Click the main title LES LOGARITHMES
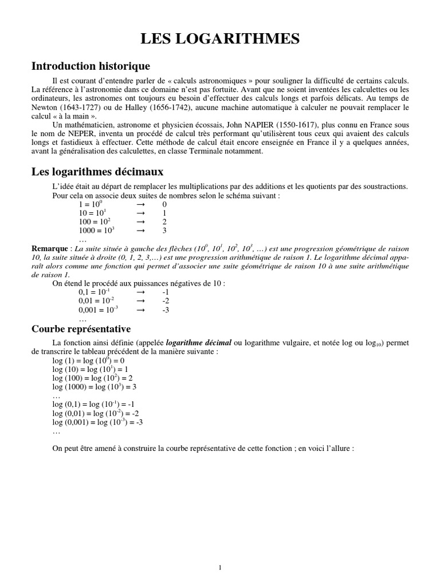[x=220, y=39]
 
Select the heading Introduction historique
[x=91, y=66]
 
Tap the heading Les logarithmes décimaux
[x=97, y=171]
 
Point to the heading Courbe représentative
[x=81, y=329]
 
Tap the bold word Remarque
[x=49, y=249]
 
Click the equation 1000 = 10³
[x=97, y=231]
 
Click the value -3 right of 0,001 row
[x=166, y=310]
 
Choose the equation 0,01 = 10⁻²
[x=96, y=301]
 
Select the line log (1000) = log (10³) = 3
[x=94, y=386]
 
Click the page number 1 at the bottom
[x=220, y=551]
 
